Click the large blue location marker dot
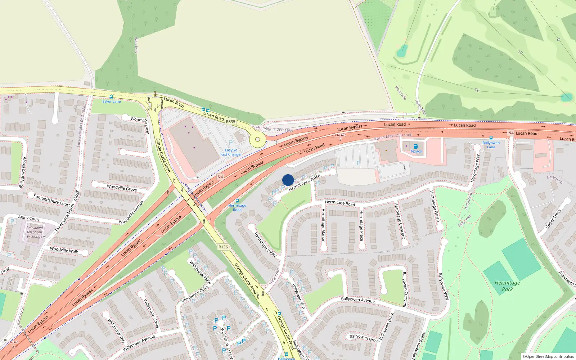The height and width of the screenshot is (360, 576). coord(288,180)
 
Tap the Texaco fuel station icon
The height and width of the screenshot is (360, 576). coord(416,146)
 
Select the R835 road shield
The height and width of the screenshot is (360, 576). coord(230,122)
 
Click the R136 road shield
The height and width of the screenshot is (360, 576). coord(223,247)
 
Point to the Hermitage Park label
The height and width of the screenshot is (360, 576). coord(507,286)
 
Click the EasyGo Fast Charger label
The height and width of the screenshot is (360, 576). coord(231,152)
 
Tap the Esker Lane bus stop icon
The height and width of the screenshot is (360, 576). coord(111,97)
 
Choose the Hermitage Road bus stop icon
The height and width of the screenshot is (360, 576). coord(237,201)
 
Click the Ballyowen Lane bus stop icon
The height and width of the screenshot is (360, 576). coord(491,138)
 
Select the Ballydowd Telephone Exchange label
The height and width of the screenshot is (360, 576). coord(35,232)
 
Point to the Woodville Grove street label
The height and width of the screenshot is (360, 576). coord(122,188)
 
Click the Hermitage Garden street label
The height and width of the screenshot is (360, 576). coord(304,183)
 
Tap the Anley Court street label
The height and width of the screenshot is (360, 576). coord(29,218)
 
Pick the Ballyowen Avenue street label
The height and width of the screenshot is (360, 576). coord(357,300)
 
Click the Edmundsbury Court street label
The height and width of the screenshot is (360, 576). coord(51,200)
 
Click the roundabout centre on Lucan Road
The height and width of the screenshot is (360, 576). coord(257,139)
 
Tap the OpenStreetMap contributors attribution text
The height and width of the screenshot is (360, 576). coord(548,356)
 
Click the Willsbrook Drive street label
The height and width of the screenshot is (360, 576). coord(195,294)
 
